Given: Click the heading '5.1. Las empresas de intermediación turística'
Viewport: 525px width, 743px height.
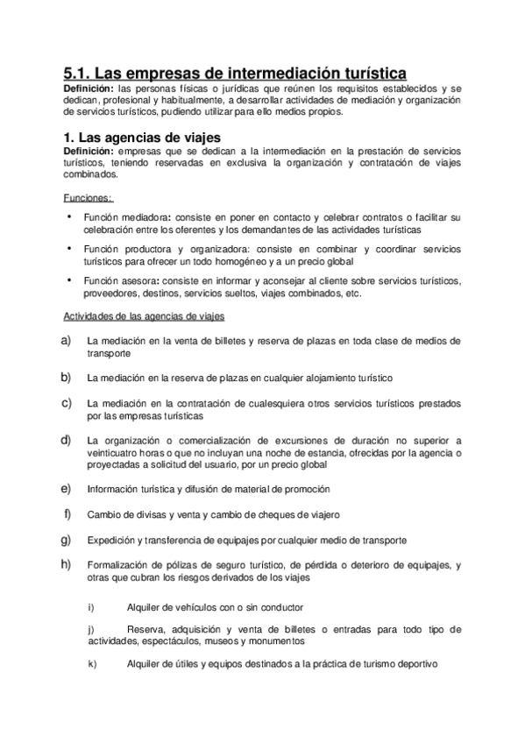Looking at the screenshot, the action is [x=237, y=74].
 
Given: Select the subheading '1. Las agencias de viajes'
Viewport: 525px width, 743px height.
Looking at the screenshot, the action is [x=138, y=138].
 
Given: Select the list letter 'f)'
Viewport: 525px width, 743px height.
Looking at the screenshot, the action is [x=67, y=513].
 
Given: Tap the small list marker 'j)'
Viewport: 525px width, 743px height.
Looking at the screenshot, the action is [x=91, y=630].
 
